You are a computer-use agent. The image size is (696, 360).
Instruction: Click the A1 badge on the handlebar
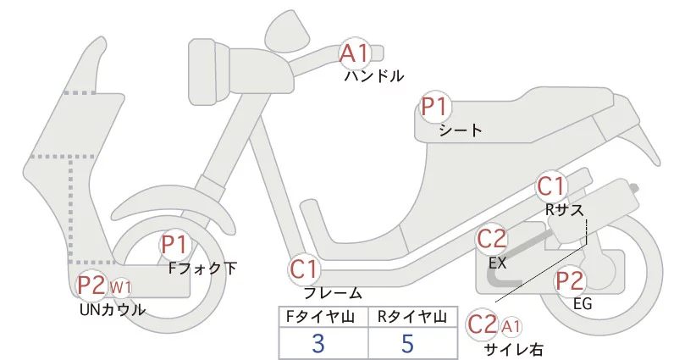click(x=356, y=54)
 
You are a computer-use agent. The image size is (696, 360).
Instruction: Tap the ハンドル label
click(x=373, y=76)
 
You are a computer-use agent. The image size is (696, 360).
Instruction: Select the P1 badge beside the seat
click(x=437, y=108)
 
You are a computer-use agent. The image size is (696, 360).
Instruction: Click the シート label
click(x=461, y=130)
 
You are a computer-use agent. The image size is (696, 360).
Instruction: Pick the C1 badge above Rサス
click(x=552, y=186)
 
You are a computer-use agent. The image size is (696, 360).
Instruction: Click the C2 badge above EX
click(x=492, y=241)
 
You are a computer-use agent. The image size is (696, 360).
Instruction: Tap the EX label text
click(x=498, y=263)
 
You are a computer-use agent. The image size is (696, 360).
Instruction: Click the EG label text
click(x=582, y=303)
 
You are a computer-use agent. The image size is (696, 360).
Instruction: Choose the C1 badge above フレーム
click(x=305, y=270)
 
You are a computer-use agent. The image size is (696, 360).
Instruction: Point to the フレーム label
click(x=333, y=293)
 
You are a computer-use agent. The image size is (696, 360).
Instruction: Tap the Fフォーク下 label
click(x=203, y=269)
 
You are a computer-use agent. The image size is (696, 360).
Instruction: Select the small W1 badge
click(x=120, y=287)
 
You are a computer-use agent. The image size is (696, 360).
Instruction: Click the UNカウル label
click(x=111, y=310)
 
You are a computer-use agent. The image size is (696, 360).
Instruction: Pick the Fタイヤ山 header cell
click(x=323, y=317)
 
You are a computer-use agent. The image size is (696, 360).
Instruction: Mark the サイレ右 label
click(x=514, y=349)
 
